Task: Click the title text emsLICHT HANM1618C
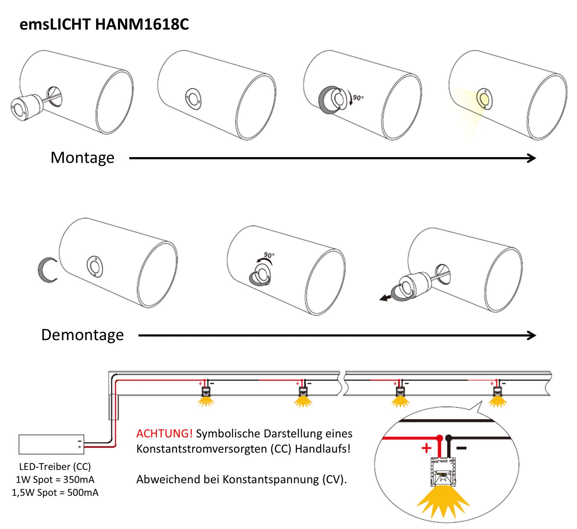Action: pos(104,24)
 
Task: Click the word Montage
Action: pos(82,158)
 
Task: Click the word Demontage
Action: pos(82,335)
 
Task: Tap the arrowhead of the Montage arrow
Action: pos(532,158)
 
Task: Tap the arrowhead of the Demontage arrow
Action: pos(532,335)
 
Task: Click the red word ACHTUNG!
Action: pos(164,433)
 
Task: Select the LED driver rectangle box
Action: pos(51,444)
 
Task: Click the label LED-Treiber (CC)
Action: pos(55,466)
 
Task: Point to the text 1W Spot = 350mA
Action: pos(55,479)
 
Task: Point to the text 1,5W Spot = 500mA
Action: pos(55,493)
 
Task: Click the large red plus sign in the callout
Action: pos(426,448)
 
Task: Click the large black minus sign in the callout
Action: pos(461,448)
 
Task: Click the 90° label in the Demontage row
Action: pos(269,255)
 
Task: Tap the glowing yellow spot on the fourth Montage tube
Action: pos(484,98)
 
